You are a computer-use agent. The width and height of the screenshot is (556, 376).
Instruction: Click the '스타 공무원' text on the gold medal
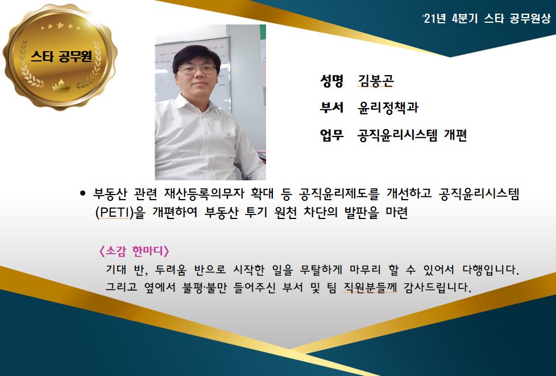pos(61,56)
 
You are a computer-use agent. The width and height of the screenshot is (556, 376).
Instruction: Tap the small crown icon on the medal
pos(61,85)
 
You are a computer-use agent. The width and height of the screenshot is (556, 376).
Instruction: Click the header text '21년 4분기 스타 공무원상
pos(487,18)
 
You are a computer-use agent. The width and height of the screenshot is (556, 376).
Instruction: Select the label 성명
pos(331,81)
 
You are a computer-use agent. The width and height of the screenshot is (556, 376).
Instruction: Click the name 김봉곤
pos(376,81)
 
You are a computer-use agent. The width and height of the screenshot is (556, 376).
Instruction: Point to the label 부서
pos(331,107)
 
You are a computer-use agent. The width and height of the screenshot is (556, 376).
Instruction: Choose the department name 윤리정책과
pos(388,107)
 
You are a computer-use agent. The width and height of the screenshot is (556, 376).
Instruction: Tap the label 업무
pos(331,134)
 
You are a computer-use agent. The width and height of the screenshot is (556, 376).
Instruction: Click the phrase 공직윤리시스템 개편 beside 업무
pos(412,135)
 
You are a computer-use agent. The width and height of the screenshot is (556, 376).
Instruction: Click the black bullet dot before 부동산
pos(82,193)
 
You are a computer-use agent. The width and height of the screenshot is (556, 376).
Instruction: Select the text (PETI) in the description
pos(114,213)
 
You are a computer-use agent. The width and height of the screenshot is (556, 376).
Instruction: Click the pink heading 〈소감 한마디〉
pos(134,251)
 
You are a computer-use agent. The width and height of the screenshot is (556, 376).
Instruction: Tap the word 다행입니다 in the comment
pos(491,270)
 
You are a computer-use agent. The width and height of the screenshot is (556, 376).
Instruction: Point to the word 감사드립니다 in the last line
pos(438,287)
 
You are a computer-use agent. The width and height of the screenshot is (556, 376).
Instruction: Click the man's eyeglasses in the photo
pos(197,68)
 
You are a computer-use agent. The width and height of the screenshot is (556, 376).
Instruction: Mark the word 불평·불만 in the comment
pos(205,287)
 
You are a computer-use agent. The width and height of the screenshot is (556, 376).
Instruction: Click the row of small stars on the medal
pos(60,26)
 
